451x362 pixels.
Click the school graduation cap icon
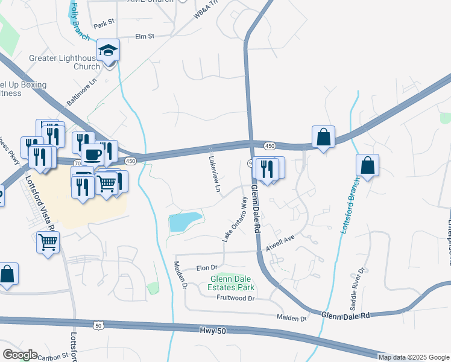[x=109, y=50]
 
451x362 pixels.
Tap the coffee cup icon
[x=92, y=154]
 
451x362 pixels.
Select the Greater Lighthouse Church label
[x=63, y=63]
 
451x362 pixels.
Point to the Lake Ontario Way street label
[x=235, y=220]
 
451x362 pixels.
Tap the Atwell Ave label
[x=280, y=244]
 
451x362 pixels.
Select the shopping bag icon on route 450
[x=324, y=138]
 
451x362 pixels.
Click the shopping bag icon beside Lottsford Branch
[x=367, y=165]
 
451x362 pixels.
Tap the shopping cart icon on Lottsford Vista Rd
[x=48, y=243]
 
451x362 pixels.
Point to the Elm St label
[x=145, y=36]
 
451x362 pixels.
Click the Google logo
[x=20, y=355]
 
